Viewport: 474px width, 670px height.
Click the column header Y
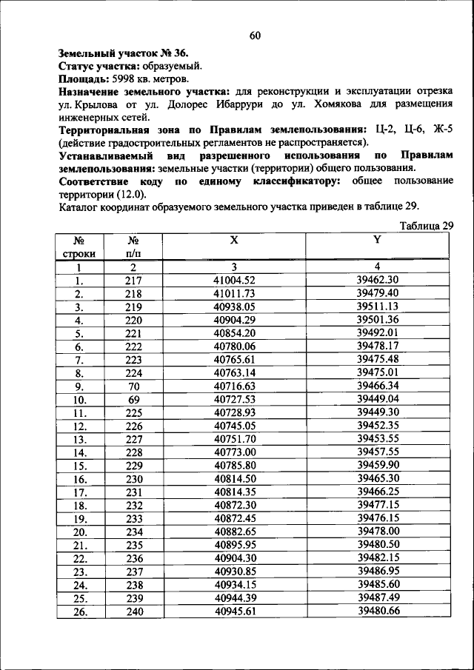377,239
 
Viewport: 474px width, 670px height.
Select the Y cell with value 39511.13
378,306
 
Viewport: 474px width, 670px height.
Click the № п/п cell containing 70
133,386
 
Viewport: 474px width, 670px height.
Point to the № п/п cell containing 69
133,399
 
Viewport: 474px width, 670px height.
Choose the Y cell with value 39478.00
378,531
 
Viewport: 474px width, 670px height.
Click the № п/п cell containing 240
133,612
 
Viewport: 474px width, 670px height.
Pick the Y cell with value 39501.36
378,320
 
